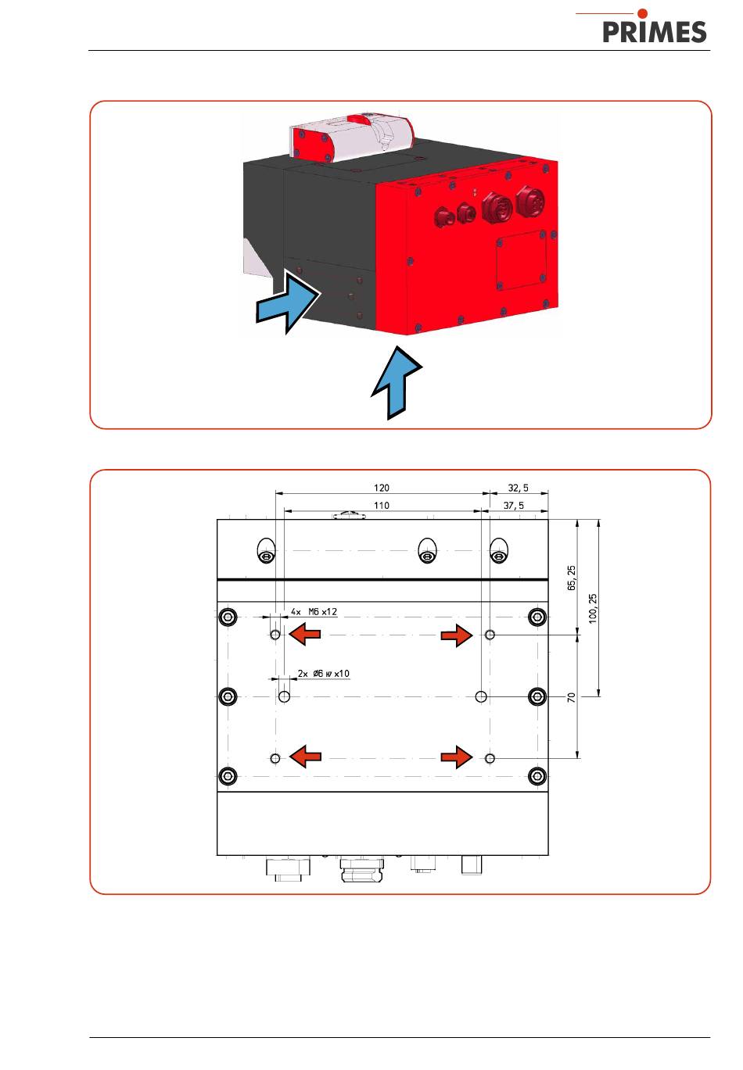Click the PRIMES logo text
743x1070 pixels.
(655, 31)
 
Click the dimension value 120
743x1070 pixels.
(381, 488)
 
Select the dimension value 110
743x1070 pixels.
(381, 506)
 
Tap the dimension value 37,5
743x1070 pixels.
(513, 506)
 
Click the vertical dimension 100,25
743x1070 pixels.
(592, 607)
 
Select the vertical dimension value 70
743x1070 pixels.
(572, 696)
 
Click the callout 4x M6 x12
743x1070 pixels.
(314, 612)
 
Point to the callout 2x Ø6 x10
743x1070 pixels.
(324, 674)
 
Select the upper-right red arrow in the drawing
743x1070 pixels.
(457, 635)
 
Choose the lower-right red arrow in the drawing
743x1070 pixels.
(457, 757)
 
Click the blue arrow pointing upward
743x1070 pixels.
(397, 383)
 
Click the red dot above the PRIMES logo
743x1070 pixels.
(643, 13)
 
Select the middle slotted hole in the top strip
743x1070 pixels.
(426, 550)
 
